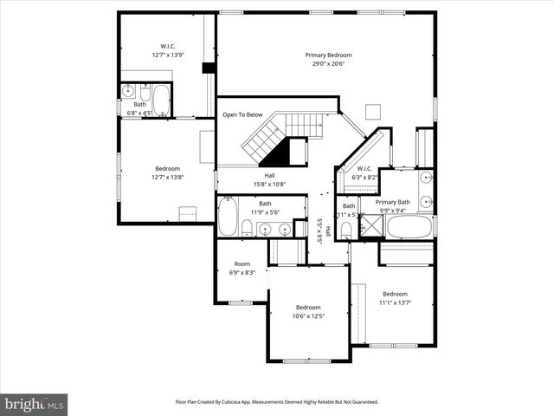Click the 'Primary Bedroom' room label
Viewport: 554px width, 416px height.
pyautogui.click(x=328, y=55)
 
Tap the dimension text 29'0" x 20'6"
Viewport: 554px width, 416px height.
pyautogui.click(x=328, y=64)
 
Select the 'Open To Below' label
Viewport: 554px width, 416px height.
pyautogui.click(x=242, y=114)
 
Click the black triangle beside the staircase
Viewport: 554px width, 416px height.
pyautogui.click(x=276, y=155)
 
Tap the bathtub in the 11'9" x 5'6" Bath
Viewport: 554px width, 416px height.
pyautogui.click(x=227, y=218)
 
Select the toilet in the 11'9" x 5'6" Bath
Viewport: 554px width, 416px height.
pyautogui.click(x=247, y=228)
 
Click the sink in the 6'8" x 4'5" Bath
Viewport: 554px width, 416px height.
pyautogui.click(x=129, y=91)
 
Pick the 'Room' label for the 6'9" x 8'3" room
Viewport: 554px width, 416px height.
pyautogui.click(x=242, y=263)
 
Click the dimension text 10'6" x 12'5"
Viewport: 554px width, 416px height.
pyautogui.click(x=308, y=316)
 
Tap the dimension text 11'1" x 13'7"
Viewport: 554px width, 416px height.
pyautogui.click(x=395, y=302)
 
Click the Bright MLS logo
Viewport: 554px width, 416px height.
pyautogui.click(x=34, y=404)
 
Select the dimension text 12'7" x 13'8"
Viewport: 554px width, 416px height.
pyautogui.click(x=167, y=177)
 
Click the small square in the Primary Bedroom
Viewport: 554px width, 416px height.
pyautogui.click(x=373, y=110)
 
